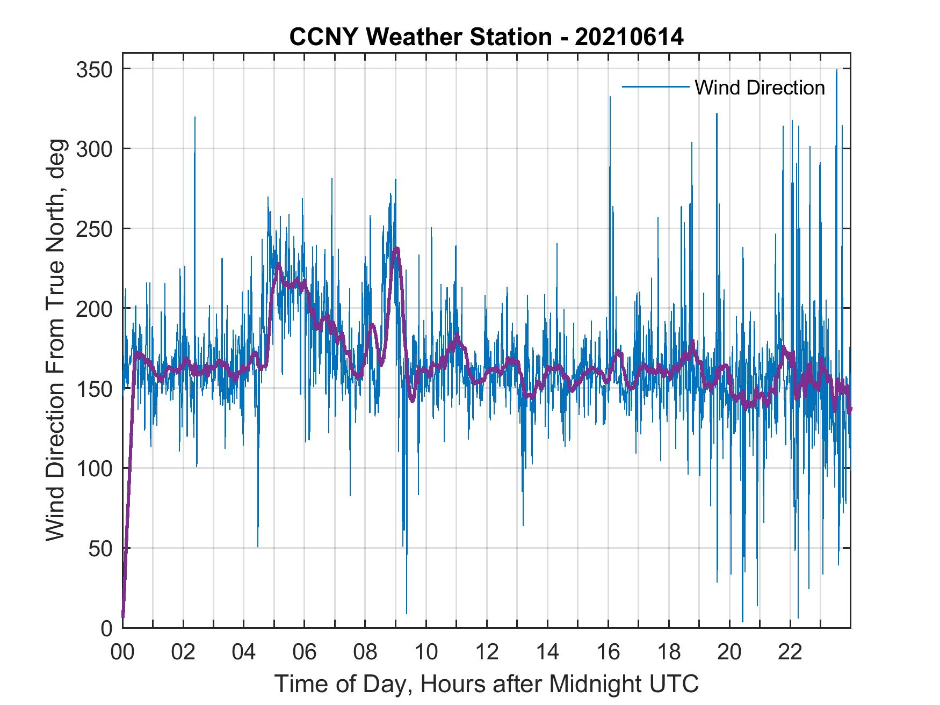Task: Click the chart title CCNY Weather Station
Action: tap(486, 37)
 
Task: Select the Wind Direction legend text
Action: tap(760, 88)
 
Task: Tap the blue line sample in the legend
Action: tap(655, 86)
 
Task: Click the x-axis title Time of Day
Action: tap(486, 684)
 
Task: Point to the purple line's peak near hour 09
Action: tap(396, 249)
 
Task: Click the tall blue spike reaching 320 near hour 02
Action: tap(195, 118)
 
